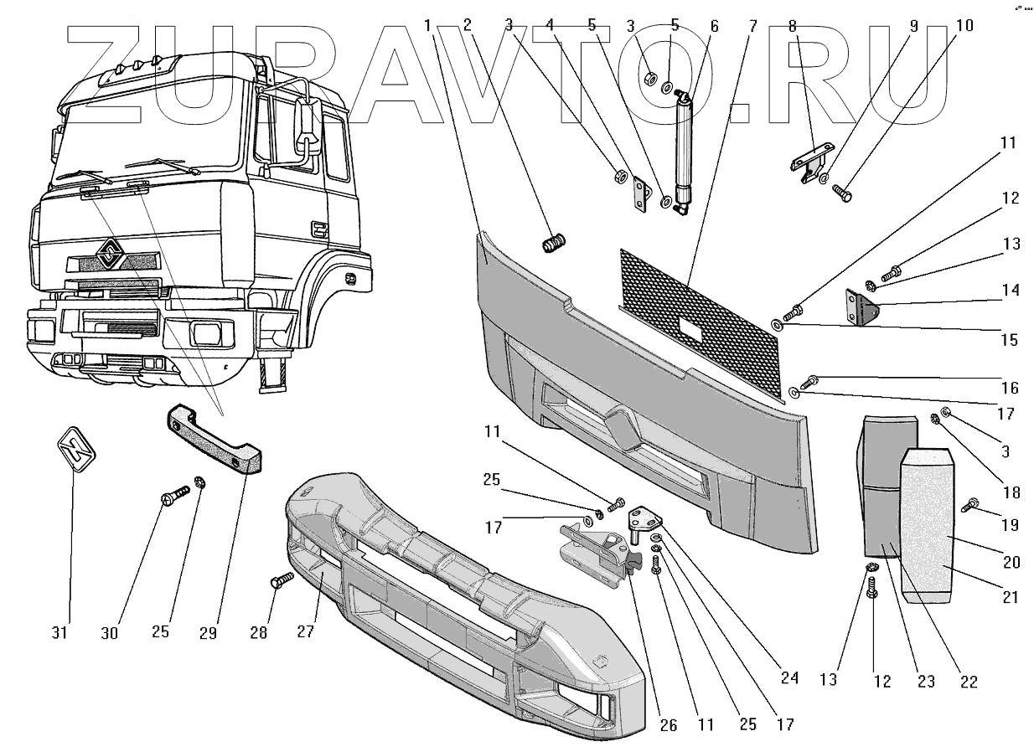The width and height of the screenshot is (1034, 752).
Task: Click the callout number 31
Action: pyautogui.click(x=59, y=632)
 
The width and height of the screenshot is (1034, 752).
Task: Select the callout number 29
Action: pyautogui.click(x=209, y=632)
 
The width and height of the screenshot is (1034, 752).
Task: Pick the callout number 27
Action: pyautogui.click(x=306, y=632)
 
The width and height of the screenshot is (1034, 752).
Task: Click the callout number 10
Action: pyautogui.click(x=964, y=26)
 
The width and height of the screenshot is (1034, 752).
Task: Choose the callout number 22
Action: pyautogui.click(x=969, y=682)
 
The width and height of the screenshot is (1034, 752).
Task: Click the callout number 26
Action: pyautogui.click(x=667, y=725)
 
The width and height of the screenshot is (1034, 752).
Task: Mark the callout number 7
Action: pyautogui.click(x=752, y=26)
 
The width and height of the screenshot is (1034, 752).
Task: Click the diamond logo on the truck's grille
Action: pyautogui.click(x=108, y=254)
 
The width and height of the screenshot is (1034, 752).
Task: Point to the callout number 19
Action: pyautogui.click(x=1010, y=526)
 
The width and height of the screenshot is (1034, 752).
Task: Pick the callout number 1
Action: pyautogui.click(x=429, y=26)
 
